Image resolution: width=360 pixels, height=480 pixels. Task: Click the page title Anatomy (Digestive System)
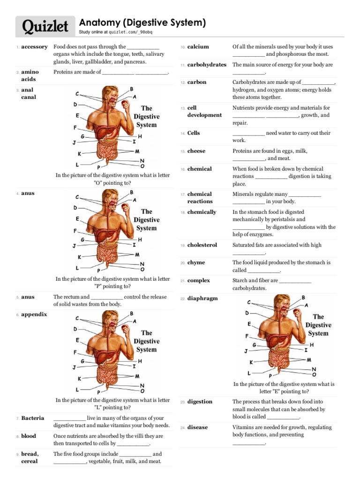click(142, 22)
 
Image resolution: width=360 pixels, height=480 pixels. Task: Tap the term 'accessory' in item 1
click(34, 47)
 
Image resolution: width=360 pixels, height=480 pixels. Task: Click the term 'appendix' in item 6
click(34, 315)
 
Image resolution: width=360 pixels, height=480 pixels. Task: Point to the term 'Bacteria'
click(33, 418)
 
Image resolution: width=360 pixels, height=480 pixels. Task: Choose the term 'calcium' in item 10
click(198, 47)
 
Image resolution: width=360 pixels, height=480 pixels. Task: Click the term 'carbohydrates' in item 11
click(207, 65)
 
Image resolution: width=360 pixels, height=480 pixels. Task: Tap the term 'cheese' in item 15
click(196, 151)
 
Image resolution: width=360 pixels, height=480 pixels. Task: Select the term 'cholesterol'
click(202, 245)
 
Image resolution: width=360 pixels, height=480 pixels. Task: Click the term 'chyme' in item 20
click(196, 262)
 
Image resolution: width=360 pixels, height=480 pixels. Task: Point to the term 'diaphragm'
click(202, 299)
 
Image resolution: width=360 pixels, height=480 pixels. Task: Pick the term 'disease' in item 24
click(197, 427)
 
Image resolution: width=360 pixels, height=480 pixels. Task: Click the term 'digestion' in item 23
click(200, 402)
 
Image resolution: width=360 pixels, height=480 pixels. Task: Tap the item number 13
click(182, 108)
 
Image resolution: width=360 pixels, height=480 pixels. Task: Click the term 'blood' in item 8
click(29, 436)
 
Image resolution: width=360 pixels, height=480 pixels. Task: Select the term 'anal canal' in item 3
click(28, 93)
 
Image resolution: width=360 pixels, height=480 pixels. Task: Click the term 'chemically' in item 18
click(202, 212)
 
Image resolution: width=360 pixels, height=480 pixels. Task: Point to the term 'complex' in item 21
click(199, 280)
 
